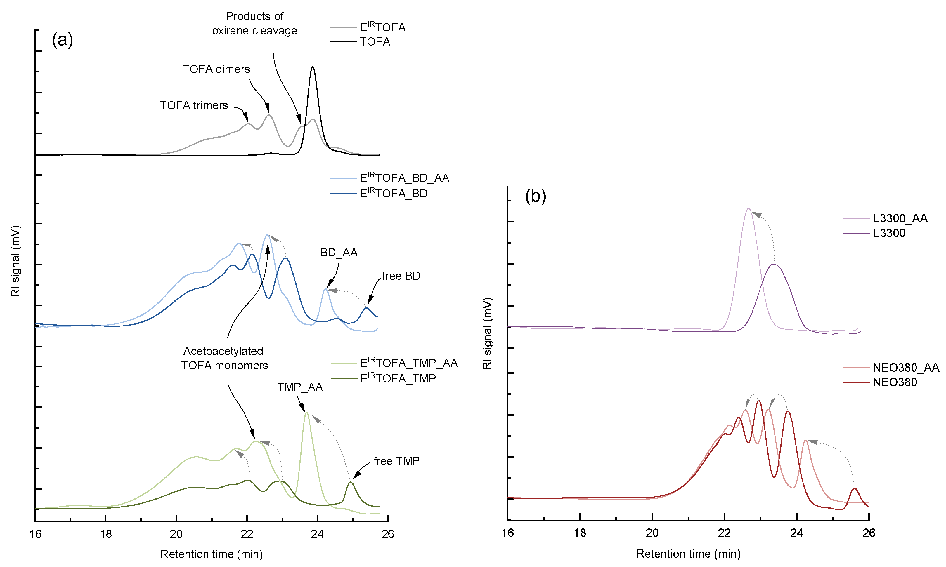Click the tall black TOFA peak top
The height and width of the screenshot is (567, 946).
coord(313,67)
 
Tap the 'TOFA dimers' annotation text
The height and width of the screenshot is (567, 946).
coord(216,69)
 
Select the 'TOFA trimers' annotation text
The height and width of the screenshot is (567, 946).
coord(194,105)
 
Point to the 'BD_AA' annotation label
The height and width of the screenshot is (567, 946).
coord(339,253)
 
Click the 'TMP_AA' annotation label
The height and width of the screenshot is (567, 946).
coord(300,387)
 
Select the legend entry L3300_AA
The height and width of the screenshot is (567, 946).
coord(900,219)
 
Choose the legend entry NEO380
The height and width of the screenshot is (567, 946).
coord(894,382)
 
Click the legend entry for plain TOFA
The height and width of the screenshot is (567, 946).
coord(375,42)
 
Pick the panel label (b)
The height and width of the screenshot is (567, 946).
coord(535,196)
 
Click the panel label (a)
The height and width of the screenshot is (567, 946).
coord(62,40)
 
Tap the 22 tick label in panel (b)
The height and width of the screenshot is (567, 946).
coord(724,533)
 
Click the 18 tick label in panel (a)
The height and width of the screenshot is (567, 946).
coord(106,534)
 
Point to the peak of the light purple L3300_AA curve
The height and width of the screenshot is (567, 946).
coord(748,209)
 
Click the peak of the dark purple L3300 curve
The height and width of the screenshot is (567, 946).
coord(774,265)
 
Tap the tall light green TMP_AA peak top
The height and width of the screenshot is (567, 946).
coord(306,413)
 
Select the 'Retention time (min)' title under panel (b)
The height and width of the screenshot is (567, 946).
coord(688,554)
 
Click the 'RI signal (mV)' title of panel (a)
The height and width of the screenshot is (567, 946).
coord(15,261)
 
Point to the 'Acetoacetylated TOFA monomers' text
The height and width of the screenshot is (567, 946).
coord(224,358)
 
